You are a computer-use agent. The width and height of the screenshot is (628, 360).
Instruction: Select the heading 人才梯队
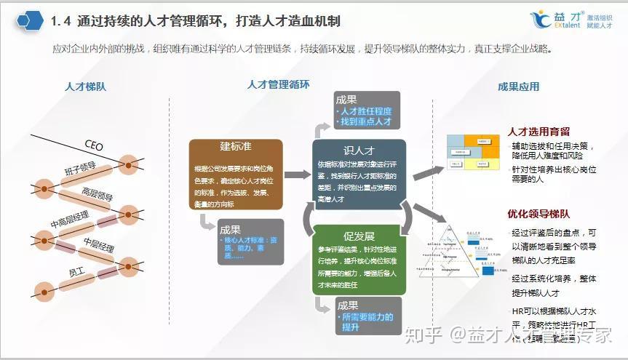pyautogui.click(x=85, y=87)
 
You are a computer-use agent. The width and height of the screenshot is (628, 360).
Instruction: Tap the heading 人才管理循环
pyautogui.click(x=279, y=84)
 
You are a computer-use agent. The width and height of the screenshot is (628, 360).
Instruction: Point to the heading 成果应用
pyautogui.click(x=518, y=87)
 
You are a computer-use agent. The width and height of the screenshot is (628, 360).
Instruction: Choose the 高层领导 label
pyautogui.click(x=97, y=196)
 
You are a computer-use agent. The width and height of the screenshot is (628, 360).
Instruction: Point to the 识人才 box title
pyautogui.click(x=358, y=151)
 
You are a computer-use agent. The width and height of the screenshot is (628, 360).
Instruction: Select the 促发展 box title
pyautogui.click(x=358, y=236)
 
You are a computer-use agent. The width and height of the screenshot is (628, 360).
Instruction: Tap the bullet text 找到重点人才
pyautogui.click(x=366, y=121)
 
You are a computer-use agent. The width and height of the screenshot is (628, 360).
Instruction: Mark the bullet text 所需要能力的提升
pyautogui.click(x=367, y=322)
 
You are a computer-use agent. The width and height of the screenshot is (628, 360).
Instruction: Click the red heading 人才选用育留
pyautogui.click(x=538, y=132)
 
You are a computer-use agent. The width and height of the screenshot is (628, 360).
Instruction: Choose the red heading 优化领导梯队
pyautogui.click(x=538, y=214)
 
